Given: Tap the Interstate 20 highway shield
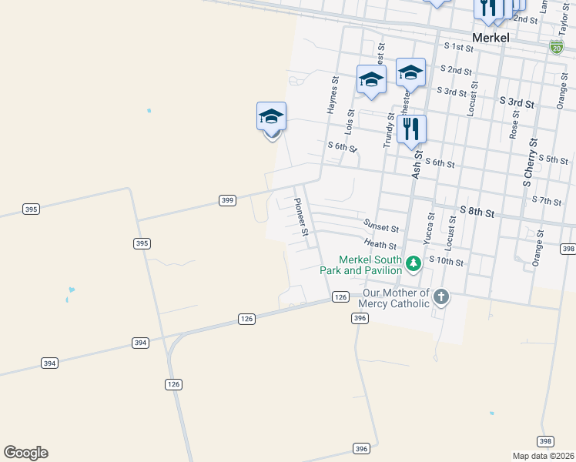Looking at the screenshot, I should coord(556,47).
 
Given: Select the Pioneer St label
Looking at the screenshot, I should coord(301,216).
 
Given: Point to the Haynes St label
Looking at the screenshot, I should coord(333,95).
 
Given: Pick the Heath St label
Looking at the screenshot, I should coord(380,245).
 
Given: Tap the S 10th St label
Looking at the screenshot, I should coord(447,262).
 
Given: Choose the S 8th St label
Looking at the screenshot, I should coord(478,209).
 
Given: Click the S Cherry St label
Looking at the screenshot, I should coord(529,162).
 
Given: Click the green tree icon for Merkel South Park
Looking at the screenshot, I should coord(414,264).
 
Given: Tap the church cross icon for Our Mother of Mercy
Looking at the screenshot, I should coord(440,297).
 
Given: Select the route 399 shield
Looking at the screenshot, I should coord(227,200).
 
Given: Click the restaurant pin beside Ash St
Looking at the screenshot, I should coord(411,129).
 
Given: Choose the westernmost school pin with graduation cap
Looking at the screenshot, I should coord(271,117).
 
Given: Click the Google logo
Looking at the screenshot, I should coord(25,453).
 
